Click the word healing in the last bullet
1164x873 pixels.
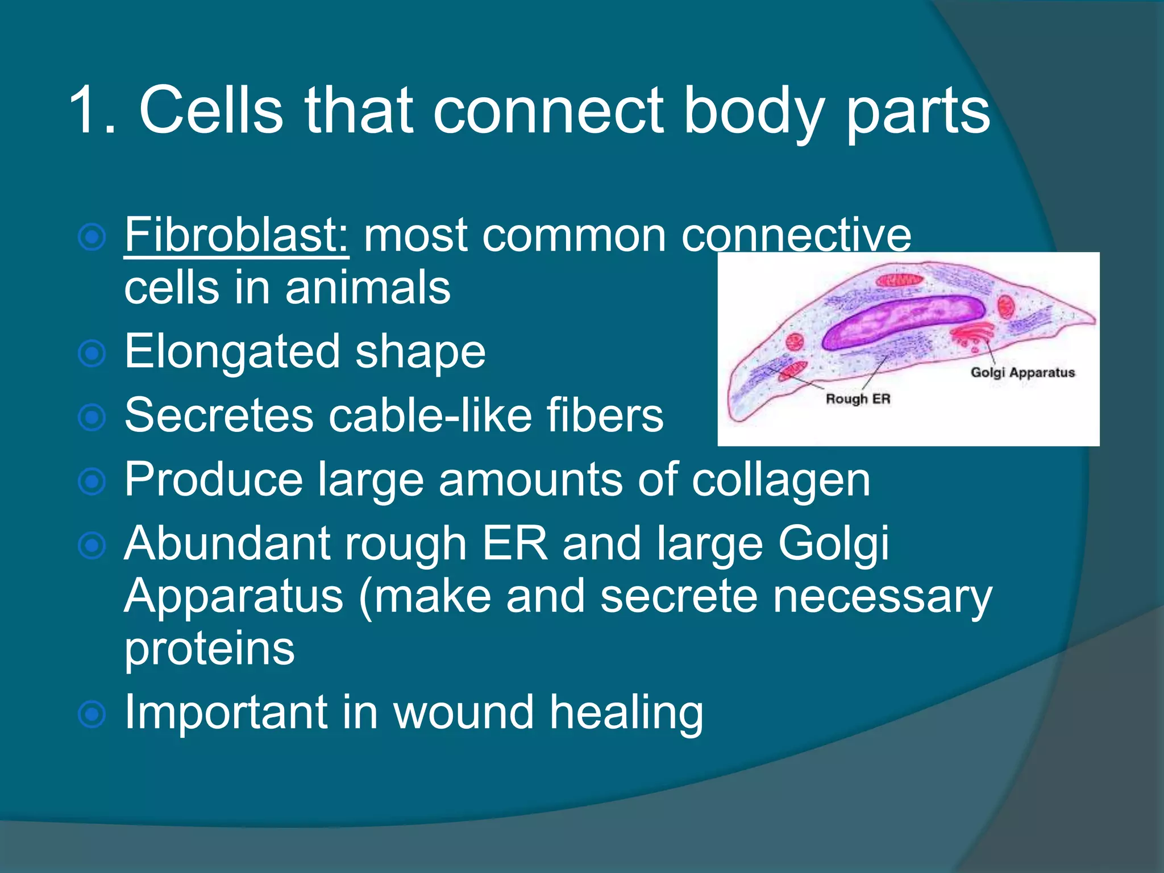point(626,713)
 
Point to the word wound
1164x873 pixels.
point(464,713)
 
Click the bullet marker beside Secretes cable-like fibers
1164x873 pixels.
point(92,418)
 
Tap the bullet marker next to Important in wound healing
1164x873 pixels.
point(92,714)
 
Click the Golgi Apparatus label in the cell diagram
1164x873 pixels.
point(1022,373)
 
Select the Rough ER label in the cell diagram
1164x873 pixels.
point(858,399)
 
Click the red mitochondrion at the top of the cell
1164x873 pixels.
point(900,280)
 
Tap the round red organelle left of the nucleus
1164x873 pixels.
point(795,342)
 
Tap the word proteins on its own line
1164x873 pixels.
point(209,649)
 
